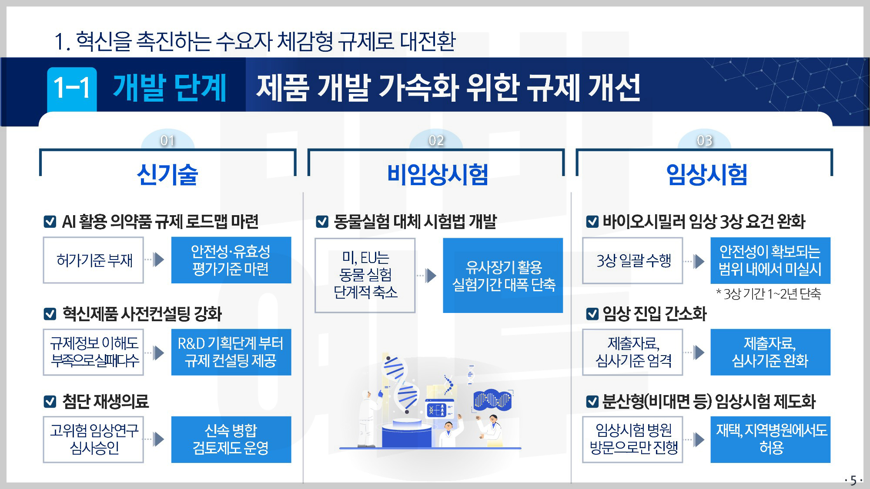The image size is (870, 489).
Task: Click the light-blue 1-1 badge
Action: [x=72, y=88]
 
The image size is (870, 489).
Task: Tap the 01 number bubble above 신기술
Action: [x=167, y=140]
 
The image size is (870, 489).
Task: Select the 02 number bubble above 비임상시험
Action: [x=436, y=140]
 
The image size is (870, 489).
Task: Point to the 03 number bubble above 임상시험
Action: [x=705, y=140]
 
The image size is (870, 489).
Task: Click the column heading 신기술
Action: [x=167, y=175]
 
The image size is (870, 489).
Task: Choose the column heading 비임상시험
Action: [x=437, y=175]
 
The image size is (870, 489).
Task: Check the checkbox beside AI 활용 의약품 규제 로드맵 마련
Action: [x=50, y=222]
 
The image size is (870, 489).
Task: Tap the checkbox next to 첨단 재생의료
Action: [x=50, y=401]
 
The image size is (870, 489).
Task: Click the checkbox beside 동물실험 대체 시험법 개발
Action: [x=322, y=222]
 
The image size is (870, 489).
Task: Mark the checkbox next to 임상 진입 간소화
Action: [x=592, y=314]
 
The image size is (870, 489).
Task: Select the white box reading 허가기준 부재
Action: [x=94, y=260]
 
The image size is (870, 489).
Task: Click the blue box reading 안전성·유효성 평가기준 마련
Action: [x=231, y=260]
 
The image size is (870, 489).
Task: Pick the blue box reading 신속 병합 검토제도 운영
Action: [x=231, y=439]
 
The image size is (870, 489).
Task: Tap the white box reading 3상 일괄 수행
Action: [x=632, y=261]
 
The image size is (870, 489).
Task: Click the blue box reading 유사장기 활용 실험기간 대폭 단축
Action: [x=503, y=275]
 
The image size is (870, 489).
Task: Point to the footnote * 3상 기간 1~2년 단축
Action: [x=768, y=294]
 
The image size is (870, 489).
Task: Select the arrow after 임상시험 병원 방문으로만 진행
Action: [x=698, y=439]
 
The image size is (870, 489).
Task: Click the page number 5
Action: [x=853, y=480]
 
